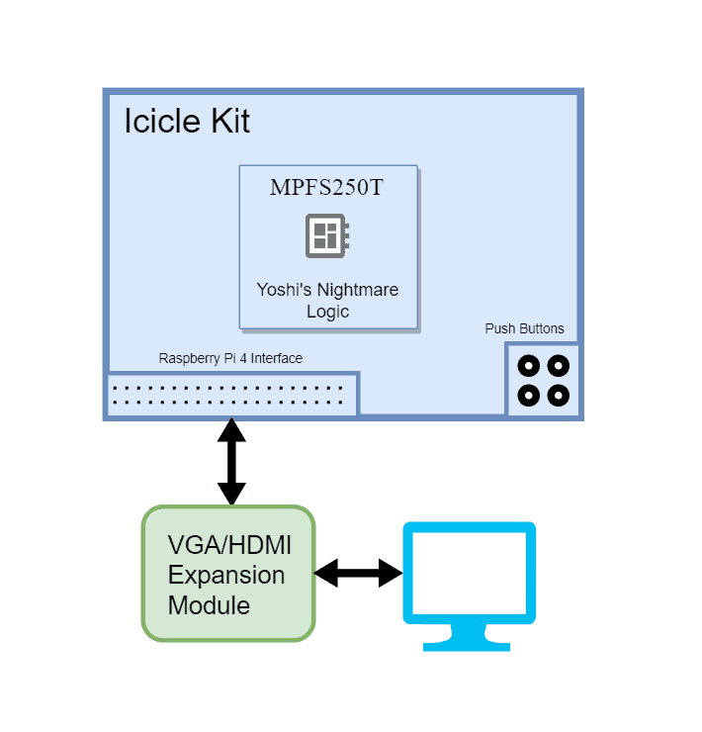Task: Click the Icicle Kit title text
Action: coord(187,122)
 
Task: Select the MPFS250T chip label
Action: coord(326,188)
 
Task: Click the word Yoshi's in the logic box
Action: coord(286,290)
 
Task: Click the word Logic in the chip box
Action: coord(327,311)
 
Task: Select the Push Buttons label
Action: coord(524,328)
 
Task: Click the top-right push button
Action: coord(559,366)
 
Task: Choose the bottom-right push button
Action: coord(559,396)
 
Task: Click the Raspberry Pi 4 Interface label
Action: coord(230,358)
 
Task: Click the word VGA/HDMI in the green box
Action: coord(228,545)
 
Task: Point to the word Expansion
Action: coord(226,575)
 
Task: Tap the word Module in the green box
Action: coord(209,605)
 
